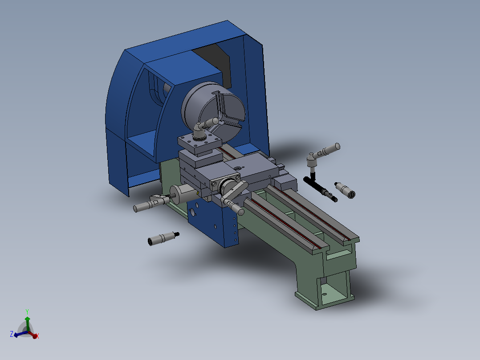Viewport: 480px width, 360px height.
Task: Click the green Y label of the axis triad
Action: pyautogui.click(x=27, y=311)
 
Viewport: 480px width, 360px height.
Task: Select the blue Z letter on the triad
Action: pyautogui.click(x=11, y=334)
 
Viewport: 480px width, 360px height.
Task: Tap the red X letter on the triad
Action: pyautogui.click(x=38, y=336)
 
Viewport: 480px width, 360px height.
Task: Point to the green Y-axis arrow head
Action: pyautogui.click(x=28, y=319)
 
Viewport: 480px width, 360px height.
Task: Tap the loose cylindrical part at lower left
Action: pyautogui.click(x=162, y=238)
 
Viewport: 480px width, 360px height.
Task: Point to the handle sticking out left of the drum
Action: pyautogui.click(x=147, y=205)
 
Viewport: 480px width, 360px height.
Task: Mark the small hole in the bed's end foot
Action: pyautogui.click(x=324, y=294)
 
